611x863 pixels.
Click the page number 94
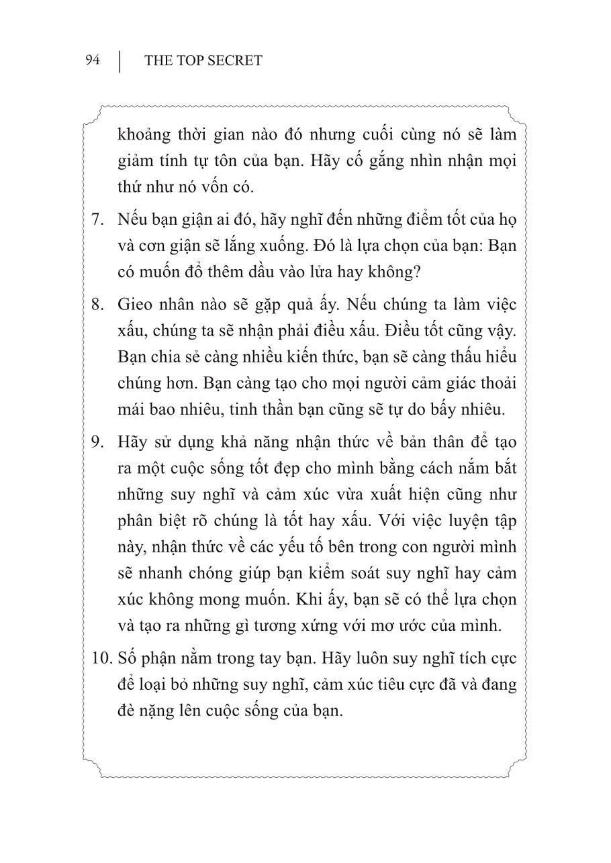click(93, 60)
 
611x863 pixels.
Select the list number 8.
click(97, 304)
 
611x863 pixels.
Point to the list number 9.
click(97, 442)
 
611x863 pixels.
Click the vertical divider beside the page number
click(121, 60)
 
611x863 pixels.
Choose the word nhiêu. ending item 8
click(481, 408)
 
